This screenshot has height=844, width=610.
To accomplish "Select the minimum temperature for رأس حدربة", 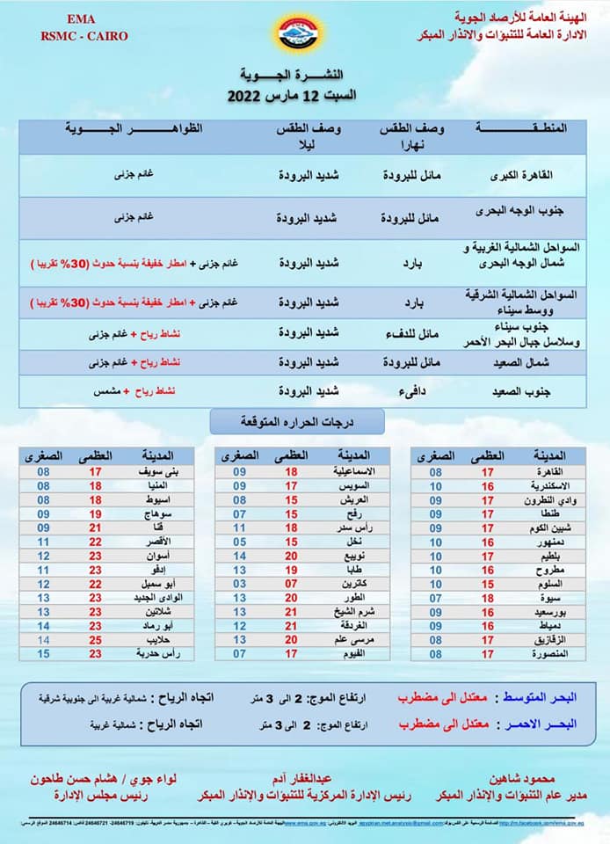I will [x=43, y=654].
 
